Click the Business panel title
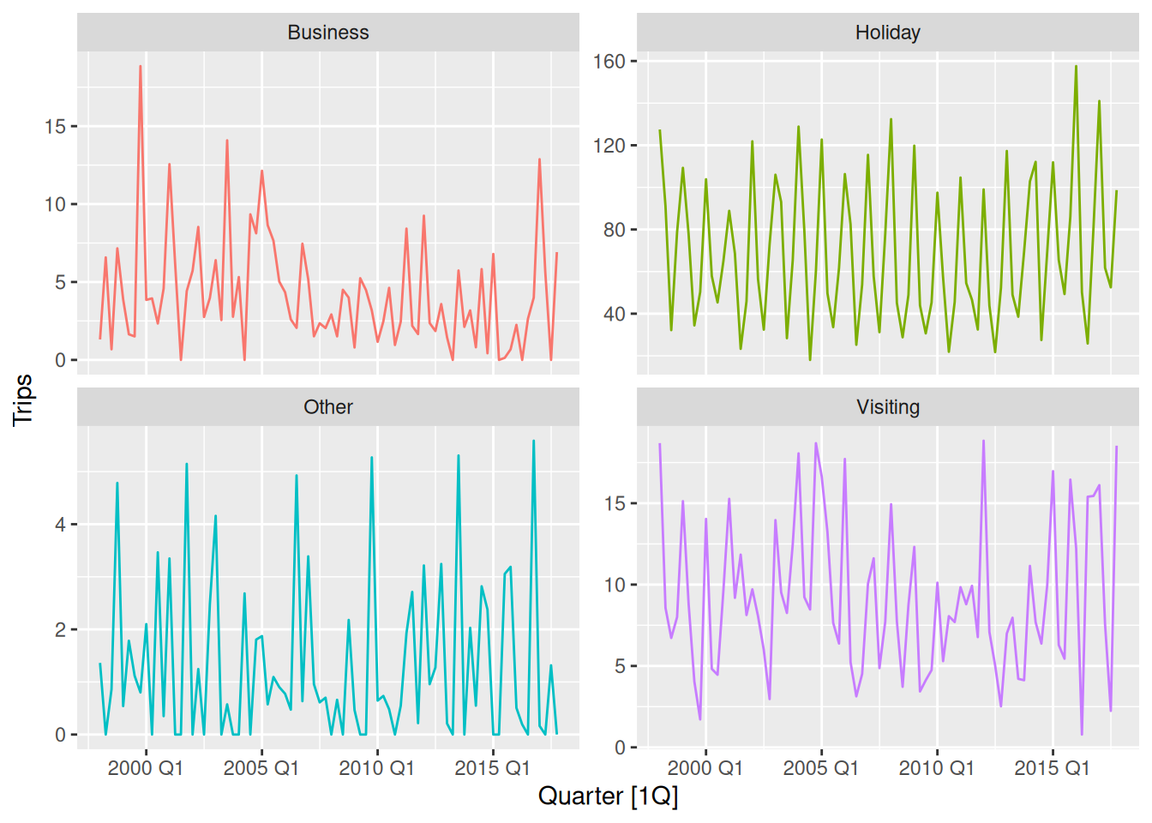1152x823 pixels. pos(328,33)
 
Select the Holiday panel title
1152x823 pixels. pos(887,33)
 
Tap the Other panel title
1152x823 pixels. pos(328,407)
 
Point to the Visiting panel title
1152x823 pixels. pos(887,407)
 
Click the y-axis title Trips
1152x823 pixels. pos(23,399)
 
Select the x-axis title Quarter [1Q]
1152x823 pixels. pos(608,796)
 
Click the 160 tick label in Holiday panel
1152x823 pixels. pos(609,62)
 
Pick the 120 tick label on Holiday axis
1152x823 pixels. pos(609,146)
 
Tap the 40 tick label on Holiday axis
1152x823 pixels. pos(614,314)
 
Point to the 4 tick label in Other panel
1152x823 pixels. pos(60,525)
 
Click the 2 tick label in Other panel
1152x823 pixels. pos(60,630)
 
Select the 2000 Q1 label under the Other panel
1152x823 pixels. pos(146,768)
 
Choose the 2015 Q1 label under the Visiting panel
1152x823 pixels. pos(1052,768)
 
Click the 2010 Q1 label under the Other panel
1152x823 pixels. pos(377,768)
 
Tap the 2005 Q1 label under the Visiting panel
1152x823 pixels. pos(821,768)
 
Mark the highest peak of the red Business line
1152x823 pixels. pos(141,66)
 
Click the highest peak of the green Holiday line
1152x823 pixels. pos(1076,66)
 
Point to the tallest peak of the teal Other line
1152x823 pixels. pos(533,441)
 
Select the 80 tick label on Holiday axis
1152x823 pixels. pos(614,230)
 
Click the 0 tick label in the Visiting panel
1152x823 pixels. pos(620,748)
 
